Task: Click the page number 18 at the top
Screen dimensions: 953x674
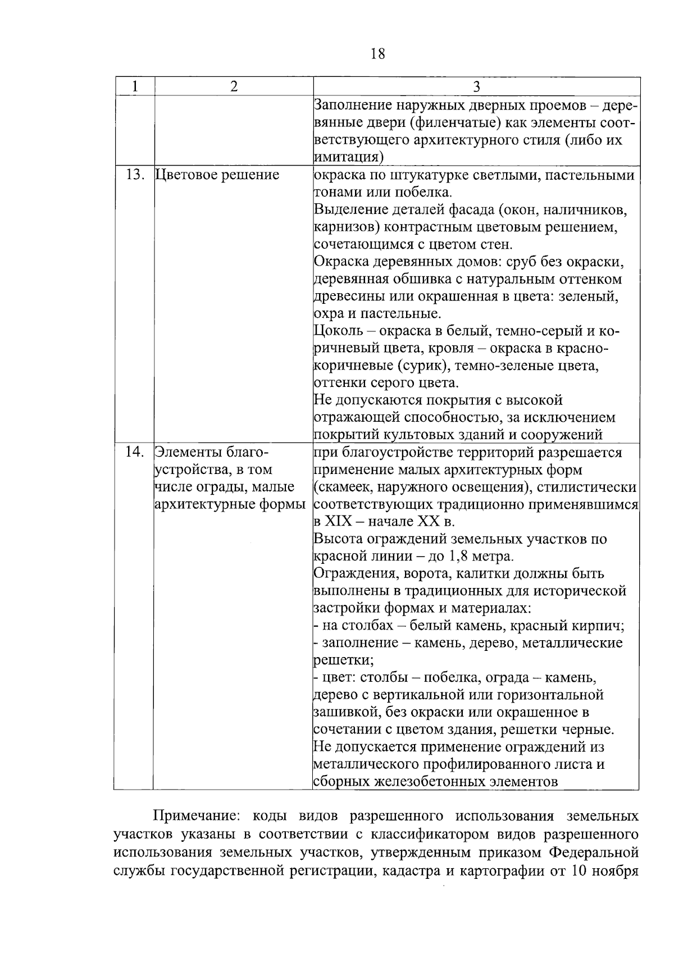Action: coord(378,54)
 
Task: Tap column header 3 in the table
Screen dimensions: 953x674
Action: coord(476,86)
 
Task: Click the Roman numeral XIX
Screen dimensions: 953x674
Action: coord(338,522)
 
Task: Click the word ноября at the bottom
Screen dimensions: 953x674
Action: coord(618,872)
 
